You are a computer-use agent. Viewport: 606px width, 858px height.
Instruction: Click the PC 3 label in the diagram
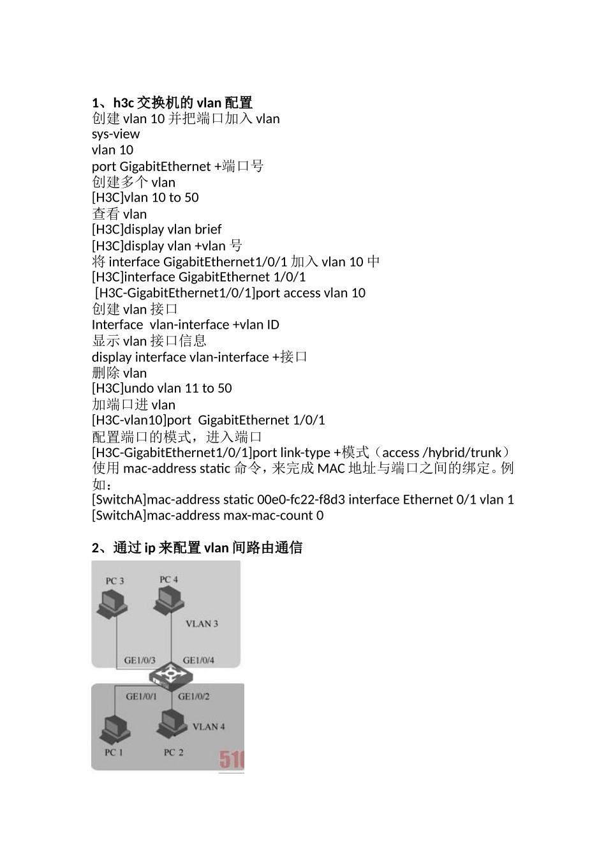tap(115, 581)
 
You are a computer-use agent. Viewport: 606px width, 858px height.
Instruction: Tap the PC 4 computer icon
tap(169, 601)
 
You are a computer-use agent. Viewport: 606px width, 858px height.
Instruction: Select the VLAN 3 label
tap(202, 624)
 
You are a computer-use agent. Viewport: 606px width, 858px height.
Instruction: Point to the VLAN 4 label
tap(209, 726)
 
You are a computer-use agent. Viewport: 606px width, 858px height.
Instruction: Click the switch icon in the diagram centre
tap(169, 676)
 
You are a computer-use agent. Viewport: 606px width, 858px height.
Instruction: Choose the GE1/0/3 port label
tap(139, 660)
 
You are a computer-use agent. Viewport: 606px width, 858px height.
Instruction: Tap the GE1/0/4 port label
tap(198, 660)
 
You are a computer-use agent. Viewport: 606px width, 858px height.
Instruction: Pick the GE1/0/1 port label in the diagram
tap(141, 696)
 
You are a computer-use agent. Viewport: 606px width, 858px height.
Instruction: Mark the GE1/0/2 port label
tap(194, 696)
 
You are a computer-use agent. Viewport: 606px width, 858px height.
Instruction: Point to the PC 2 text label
tap(174, 752)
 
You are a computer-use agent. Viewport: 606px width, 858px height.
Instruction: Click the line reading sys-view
tap(115, 134)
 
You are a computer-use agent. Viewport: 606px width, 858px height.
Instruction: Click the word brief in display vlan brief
tap(208, 229)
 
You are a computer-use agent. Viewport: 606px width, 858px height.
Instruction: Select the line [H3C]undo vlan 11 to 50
tap(162, 388)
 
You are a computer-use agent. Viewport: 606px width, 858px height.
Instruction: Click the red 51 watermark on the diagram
tap(232, 760)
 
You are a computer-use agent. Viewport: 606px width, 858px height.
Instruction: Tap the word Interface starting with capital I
tap(117, 325)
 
